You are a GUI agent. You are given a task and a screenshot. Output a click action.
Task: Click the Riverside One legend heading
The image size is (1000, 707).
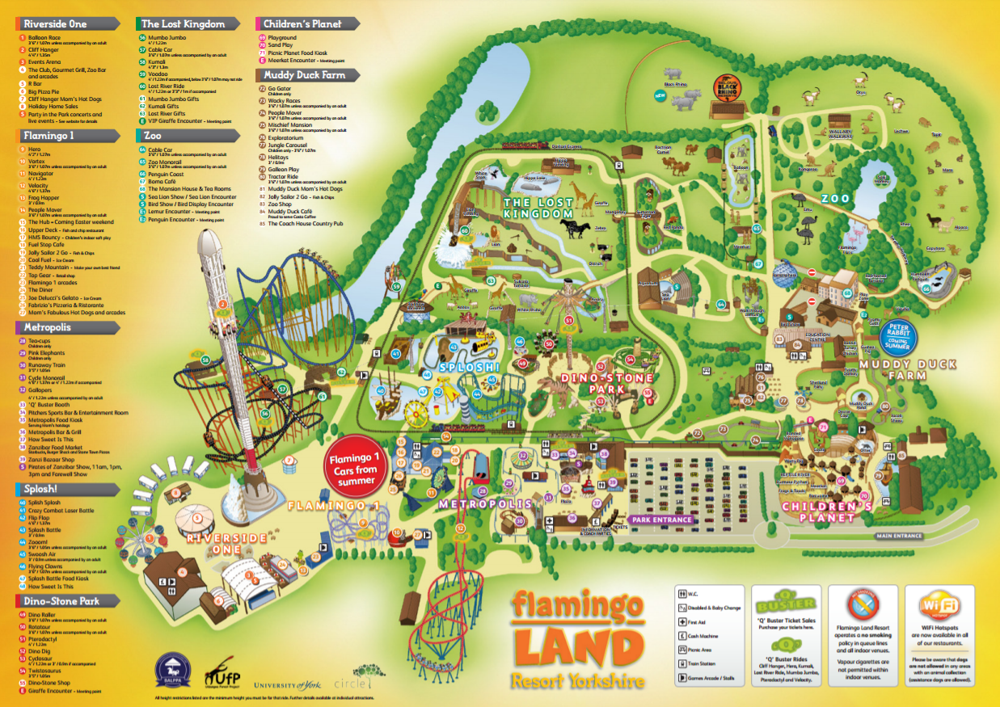click(55, 24)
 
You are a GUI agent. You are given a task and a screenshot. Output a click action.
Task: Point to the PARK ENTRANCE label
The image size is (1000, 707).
click(662, 520)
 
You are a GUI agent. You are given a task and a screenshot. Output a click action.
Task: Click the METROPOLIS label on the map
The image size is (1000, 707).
click(486, 503)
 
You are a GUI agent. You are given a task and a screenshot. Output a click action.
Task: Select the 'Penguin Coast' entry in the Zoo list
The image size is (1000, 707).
click(166, 175)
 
